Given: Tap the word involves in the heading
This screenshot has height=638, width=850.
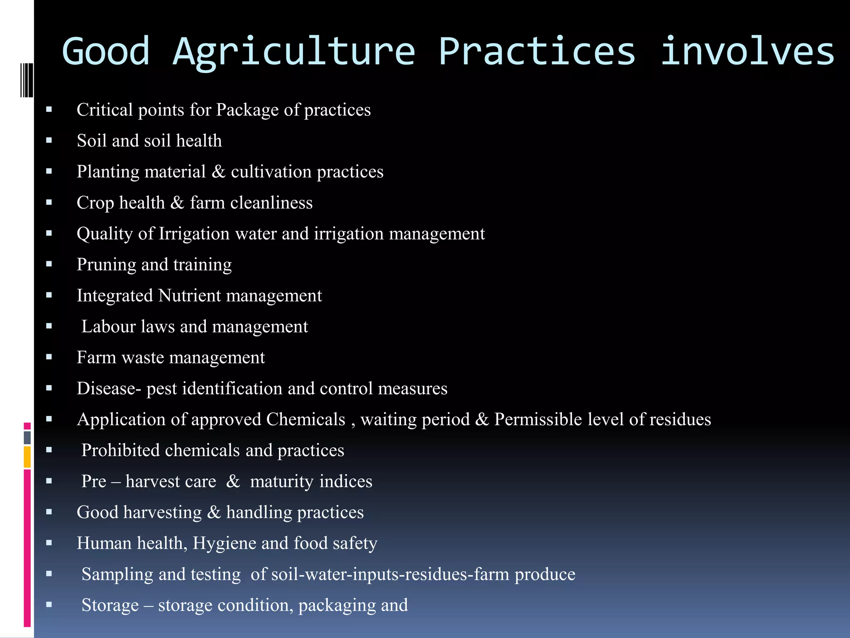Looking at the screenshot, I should [747, 52].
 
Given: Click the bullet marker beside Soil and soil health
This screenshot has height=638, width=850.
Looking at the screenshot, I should [49, 140].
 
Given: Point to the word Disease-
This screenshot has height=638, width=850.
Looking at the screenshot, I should [109, 389].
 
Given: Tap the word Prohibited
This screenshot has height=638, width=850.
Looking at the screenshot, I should [120, 450].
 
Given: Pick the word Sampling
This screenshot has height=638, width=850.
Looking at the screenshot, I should [117, 574].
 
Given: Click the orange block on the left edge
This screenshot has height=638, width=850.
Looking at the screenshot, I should [27, 456].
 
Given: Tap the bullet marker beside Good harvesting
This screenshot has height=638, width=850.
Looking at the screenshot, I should [49, 512].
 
